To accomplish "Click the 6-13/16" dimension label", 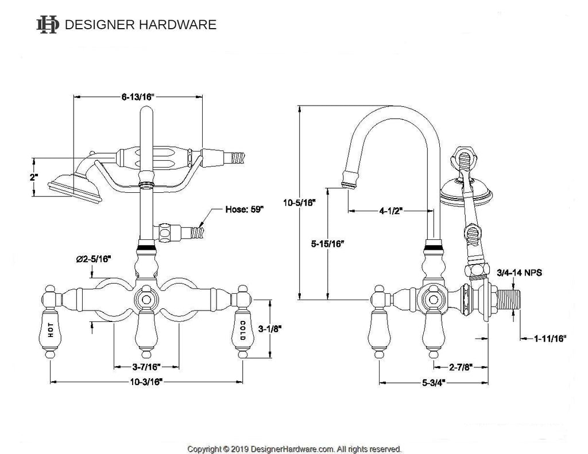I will [138, 97].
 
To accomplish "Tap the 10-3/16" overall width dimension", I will [146, 381].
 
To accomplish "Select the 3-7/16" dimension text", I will [146, 366].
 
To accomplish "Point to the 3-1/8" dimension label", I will [269, 329].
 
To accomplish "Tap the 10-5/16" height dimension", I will [299, 201].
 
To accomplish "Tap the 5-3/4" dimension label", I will [432, 381].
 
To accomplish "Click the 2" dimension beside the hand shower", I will [34, 177].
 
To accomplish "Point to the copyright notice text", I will [295, 448].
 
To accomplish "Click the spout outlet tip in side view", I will [349, 183].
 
